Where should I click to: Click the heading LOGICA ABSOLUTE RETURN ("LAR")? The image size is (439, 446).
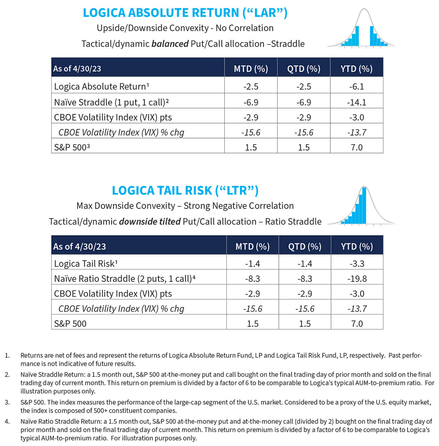pos(185,13)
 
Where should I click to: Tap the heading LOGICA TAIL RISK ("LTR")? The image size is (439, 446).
pos(185,190)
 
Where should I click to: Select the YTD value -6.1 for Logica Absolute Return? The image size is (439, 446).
pos(357,87)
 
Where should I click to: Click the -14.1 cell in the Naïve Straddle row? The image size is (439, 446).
pos(357,102)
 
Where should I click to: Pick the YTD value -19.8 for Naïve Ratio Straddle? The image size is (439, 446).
pos(357,279)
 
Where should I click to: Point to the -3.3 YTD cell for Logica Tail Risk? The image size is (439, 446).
pos(357,264)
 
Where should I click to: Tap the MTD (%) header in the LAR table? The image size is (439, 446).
pos(251,69)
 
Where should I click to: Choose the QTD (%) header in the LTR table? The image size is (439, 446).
pos(305,247)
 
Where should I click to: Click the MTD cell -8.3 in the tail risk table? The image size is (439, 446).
pos(252,279)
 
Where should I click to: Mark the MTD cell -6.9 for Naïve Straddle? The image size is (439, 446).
pos(251,102)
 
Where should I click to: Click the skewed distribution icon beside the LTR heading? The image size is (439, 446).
pos(361,206)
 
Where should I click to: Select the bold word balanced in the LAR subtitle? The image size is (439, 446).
pos(170,44)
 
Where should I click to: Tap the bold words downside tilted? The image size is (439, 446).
pos(150,222)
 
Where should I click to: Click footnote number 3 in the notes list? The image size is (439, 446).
pos(7,402)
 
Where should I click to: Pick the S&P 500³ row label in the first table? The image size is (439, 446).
pos(72,148)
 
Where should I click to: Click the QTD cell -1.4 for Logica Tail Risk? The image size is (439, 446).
pos(305,264)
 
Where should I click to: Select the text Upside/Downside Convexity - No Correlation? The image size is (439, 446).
pos(185,28)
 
